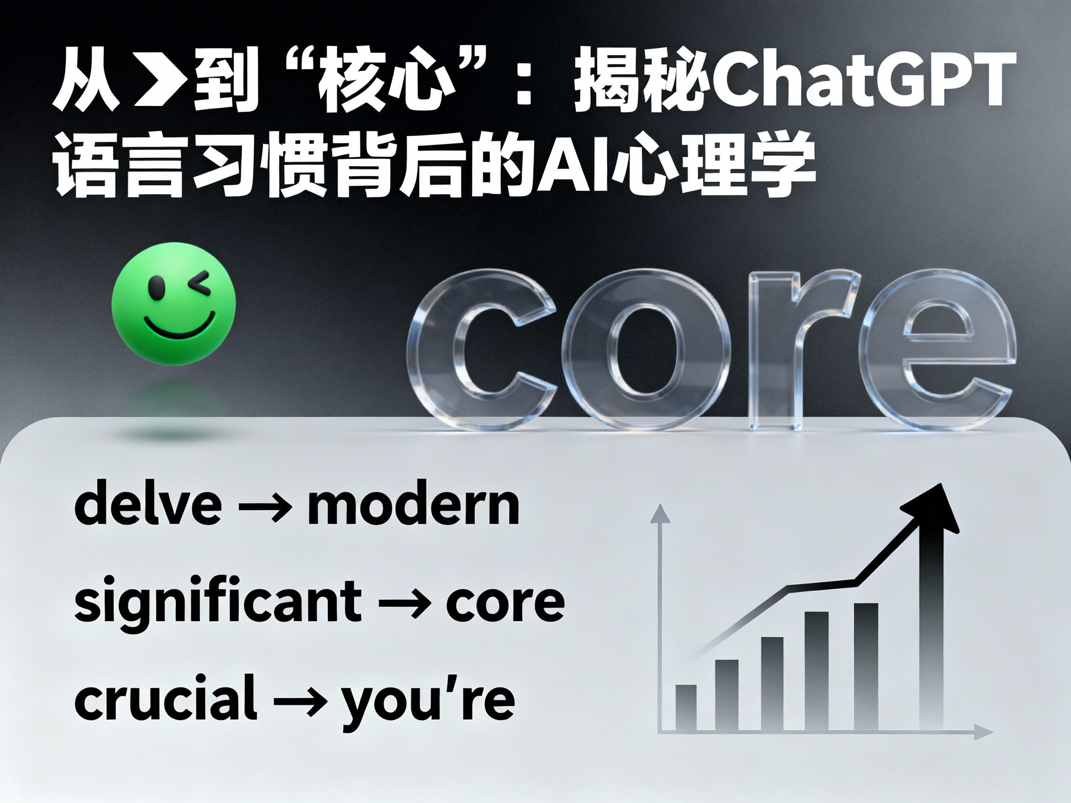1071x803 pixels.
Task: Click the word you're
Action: tap(427, 700)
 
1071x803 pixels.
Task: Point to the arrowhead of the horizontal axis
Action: tap(984, 732)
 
